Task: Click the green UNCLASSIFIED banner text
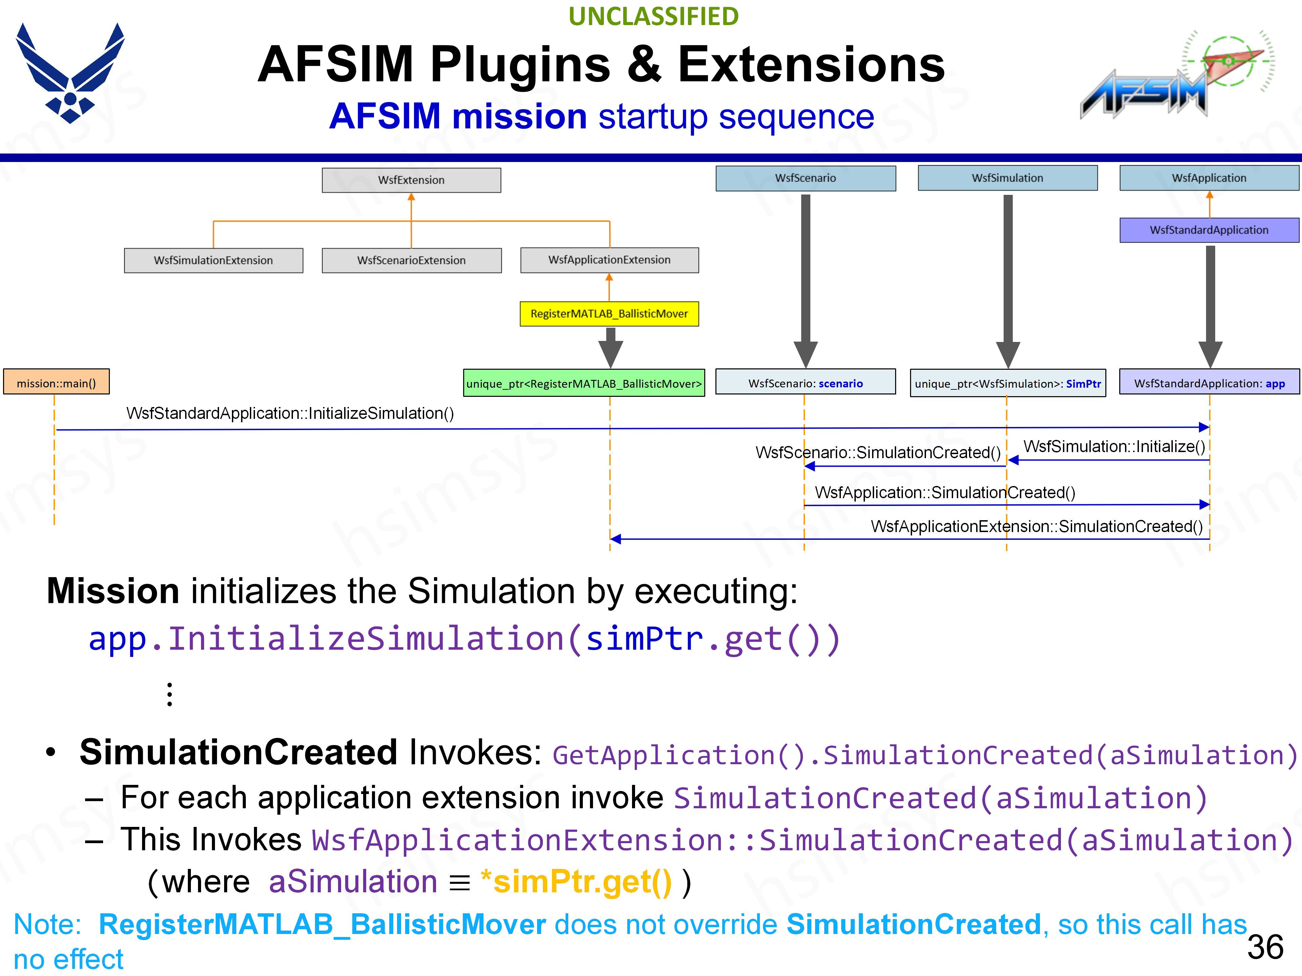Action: pyautogui.click(x=653, y=17)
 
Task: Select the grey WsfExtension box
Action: pyautogui.click(x=411, y=180)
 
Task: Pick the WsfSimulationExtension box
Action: pyautogui.click(x=213, y=260)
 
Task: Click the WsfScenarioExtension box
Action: pyautogui.click(x=411, y=260)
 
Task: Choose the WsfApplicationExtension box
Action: pyautogui.click(x=609, y=260)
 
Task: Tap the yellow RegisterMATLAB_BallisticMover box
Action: pyautogui.click(x=609, y=313)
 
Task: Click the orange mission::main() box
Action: pyautogui.click(x=57, y=383)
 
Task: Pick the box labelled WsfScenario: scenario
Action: pyautogui.click(x=805, y=383)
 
